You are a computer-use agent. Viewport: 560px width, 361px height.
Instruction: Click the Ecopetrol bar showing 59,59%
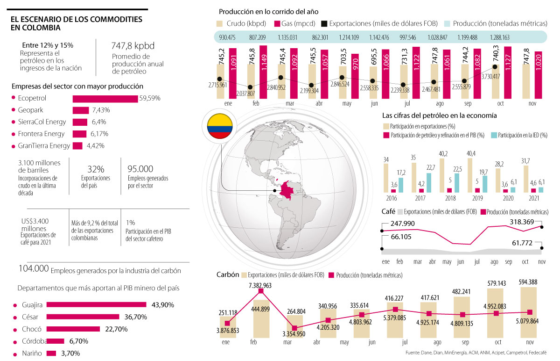coord(105,99)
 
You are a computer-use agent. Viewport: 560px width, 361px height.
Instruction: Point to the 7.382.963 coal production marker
coord(261,291)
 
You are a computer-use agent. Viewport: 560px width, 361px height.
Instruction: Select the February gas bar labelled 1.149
coord(263,72)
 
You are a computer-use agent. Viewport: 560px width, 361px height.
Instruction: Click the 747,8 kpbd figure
coord(133,46)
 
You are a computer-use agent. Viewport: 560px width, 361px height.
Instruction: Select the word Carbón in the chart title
coord(228,274)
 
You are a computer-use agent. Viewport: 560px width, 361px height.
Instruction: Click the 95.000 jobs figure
coord(140,169)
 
